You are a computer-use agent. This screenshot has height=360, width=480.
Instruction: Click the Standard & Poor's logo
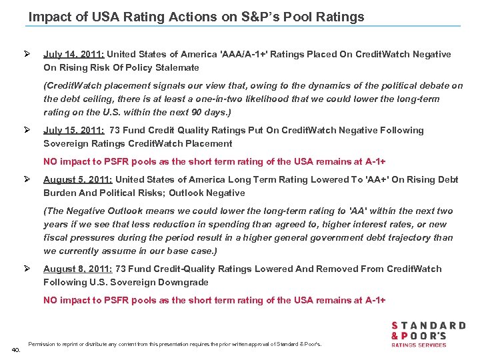[427, 333]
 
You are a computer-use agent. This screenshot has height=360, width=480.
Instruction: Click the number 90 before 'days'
[200, 112]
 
